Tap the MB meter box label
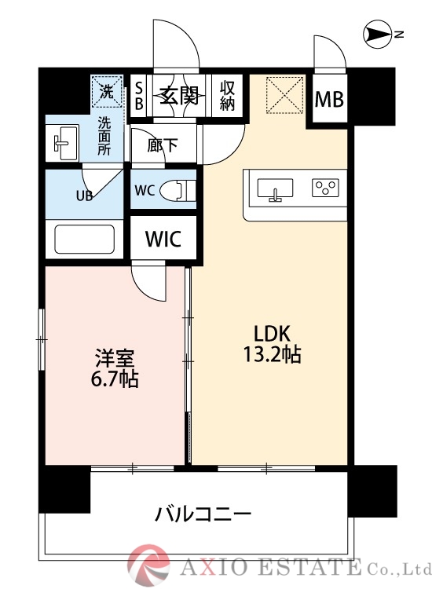click(328, 100)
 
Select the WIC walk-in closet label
click(163, 239)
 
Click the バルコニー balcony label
click(203, 515)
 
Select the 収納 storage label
click(228, 95)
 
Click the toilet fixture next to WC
click(181, 190)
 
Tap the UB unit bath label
click(84, 196)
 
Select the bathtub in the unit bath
click(84, 239)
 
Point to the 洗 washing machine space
click(107, 93)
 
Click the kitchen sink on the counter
click(275, 189)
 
